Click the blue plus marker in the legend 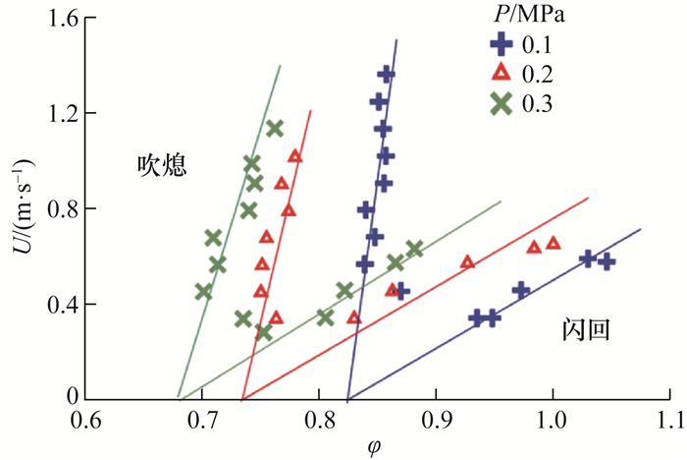click(x=502, y=45)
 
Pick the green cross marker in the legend click(x=502, y=103)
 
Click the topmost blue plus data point click(x=386, y=75)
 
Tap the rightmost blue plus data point click(x=607, y=261)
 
